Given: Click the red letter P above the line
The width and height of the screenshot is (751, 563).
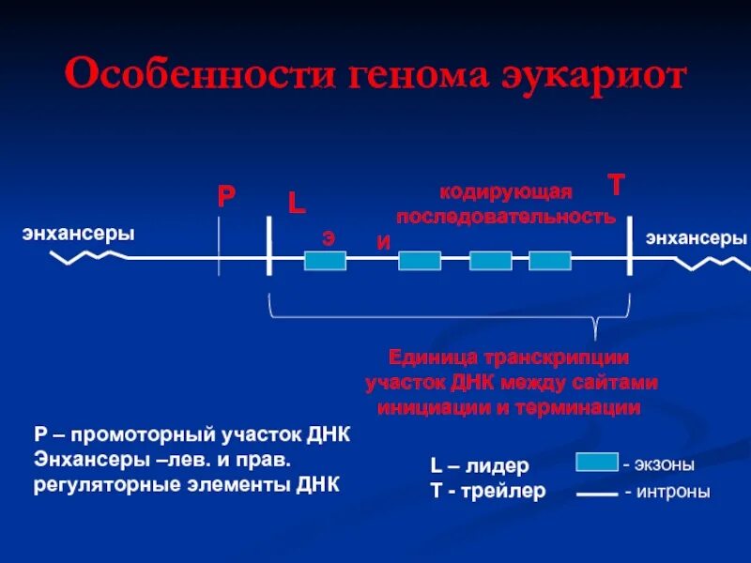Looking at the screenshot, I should pyautogui.click(x=226, y=196).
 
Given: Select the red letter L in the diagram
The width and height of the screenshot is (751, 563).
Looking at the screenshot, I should pyautogui.click(x=297, y=204).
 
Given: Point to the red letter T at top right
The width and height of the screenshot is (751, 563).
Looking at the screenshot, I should pyautogui.click(x=616, y=185).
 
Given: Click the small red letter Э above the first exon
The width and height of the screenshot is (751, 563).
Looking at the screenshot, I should pyautogui.click(x=329, y=237).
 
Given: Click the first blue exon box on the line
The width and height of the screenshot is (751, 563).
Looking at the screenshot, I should pyautogui.click(x=325, y=261).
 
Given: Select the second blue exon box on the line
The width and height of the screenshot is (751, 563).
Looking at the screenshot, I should pyautogui.click(x=420, y=261).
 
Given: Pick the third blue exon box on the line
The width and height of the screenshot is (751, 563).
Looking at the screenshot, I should pyautogui.click(x=490, y=261).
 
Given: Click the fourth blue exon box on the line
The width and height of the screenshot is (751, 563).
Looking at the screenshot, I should pyautogui.click(x=550, y=261).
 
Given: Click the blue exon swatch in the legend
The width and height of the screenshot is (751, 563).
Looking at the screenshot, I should pyautogui.click(x=596, y=462).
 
